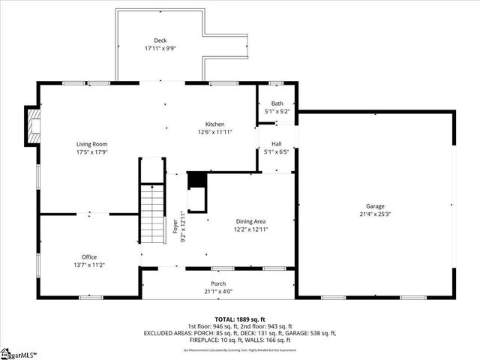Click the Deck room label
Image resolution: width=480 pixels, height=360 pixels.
[160, 40]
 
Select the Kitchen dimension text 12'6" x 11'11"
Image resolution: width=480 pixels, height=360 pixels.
[215, 132]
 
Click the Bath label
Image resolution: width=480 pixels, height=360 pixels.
[277, 103]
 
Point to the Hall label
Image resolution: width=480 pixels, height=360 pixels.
[277, 143]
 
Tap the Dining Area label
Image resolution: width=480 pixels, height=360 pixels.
[250, 221]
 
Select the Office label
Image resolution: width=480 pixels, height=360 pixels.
[89, 257]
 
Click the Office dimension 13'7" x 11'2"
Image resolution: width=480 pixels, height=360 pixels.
[89, 265]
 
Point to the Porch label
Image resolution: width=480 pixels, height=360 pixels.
[218, 283]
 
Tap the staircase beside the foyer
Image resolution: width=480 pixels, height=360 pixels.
[153, 214]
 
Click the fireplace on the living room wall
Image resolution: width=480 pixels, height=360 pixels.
[31, 126]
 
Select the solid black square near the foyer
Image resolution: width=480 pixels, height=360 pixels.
[196, 180]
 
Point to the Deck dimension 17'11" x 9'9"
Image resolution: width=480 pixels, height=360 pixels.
[160, 48]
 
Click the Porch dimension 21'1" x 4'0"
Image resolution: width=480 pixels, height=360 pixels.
[218, 291]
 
